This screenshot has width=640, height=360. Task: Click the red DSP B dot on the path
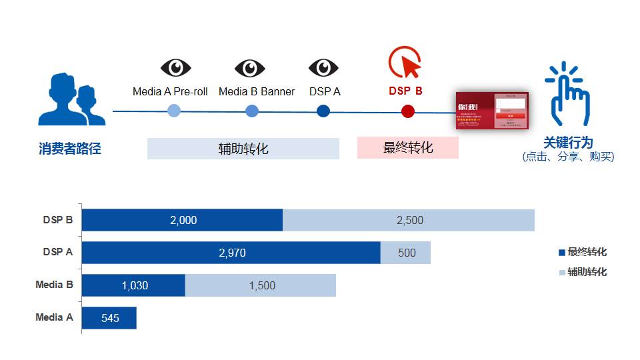[408, 111]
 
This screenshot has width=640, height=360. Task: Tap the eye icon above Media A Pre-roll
[175, 68]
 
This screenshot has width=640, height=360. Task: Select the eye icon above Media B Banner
[250, 68]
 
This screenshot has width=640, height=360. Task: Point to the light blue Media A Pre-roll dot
[173, 111]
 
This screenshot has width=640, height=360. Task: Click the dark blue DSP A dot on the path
[323, 111]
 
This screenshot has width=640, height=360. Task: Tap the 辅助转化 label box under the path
[243, 149]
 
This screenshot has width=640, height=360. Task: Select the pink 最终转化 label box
[408, 148]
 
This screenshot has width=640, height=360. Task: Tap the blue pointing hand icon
[567, 95]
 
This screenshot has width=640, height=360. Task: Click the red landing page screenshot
[492, 111]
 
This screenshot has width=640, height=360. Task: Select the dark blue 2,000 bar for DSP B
[182, 220]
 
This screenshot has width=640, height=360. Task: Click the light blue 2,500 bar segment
[409, 220]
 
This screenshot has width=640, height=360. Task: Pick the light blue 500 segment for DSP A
[406, 253]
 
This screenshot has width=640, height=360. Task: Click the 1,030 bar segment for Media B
[133, 285]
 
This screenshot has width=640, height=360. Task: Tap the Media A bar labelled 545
[109, 318]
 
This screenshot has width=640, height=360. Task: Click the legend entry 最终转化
[583, 252]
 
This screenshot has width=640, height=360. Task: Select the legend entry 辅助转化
[583, 272]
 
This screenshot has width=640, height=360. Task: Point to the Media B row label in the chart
[54, 285]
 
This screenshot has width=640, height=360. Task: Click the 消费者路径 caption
[70, 149]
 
